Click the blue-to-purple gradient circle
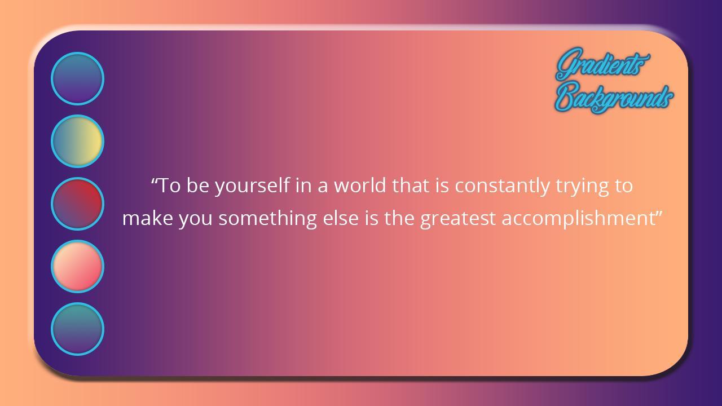tap(77, 78)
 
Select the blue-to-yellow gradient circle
tap(77, 141)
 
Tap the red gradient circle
tap(77, 204)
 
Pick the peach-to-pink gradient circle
tap(77, 267)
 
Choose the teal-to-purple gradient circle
tap(77, 329)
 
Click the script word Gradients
tap(602, 64)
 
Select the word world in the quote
tap(360, 186)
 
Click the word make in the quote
tap(148, 218)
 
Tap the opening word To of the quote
tap(170, 186)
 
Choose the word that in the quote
tap(411, 186)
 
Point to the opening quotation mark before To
tap(155, 180)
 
